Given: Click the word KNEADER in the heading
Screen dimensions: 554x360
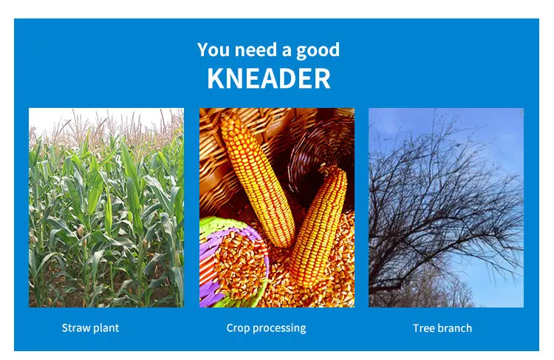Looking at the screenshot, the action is click(x=269, y=78).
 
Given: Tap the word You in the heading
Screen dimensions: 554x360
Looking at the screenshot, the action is click(x=213, y=50).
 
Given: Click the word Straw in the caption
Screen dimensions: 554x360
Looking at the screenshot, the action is click(x=74, y=327).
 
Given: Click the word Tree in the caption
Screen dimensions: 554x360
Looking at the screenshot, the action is click(x=423, y=328).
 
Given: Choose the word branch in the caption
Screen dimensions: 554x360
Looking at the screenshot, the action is click(x=454, y=328).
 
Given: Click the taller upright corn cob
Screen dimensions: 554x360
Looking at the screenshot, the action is click(x=257, y=179).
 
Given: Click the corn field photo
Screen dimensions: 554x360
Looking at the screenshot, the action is click(x=106, y=208).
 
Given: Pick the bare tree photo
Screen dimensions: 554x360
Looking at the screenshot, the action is click(x=446, y=208).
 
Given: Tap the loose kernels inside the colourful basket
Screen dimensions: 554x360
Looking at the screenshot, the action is click(x=240, y=262).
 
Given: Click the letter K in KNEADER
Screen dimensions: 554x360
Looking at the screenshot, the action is click(x=216, y=78).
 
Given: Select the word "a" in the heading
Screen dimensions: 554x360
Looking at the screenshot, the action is click(x=287, y=51).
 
